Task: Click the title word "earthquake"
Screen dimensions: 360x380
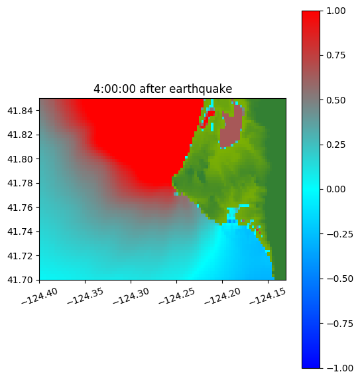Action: [201, 89]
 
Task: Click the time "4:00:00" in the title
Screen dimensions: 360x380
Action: [115, 89]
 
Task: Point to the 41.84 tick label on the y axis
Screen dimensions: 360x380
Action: [20, 111]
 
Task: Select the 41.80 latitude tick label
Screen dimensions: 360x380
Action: [20, 159]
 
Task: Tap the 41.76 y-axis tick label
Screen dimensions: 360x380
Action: [20, 208]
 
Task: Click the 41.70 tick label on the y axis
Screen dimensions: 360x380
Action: [20, 280]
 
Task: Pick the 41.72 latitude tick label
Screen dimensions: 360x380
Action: [20, 256]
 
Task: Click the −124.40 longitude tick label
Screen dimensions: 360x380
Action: [40, 296]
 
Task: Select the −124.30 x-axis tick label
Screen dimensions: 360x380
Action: [131, 296]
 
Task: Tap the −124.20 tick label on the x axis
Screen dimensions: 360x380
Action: [223, 296]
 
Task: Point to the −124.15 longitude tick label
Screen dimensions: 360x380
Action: [268, 296]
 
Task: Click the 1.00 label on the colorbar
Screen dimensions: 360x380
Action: [336, 11]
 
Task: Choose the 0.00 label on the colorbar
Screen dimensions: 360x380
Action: [336, 189]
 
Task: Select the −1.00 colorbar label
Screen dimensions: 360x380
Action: [340, 368]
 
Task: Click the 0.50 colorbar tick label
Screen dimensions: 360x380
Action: [336, 100]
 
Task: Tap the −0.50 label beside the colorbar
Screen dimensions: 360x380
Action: [340, 279]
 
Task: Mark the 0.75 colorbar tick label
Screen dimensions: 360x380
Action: [336, 56]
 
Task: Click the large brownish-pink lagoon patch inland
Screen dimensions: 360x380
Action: [231, 129]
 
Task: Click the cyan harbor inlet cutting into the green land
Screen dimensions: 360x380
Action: [232, 214]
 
